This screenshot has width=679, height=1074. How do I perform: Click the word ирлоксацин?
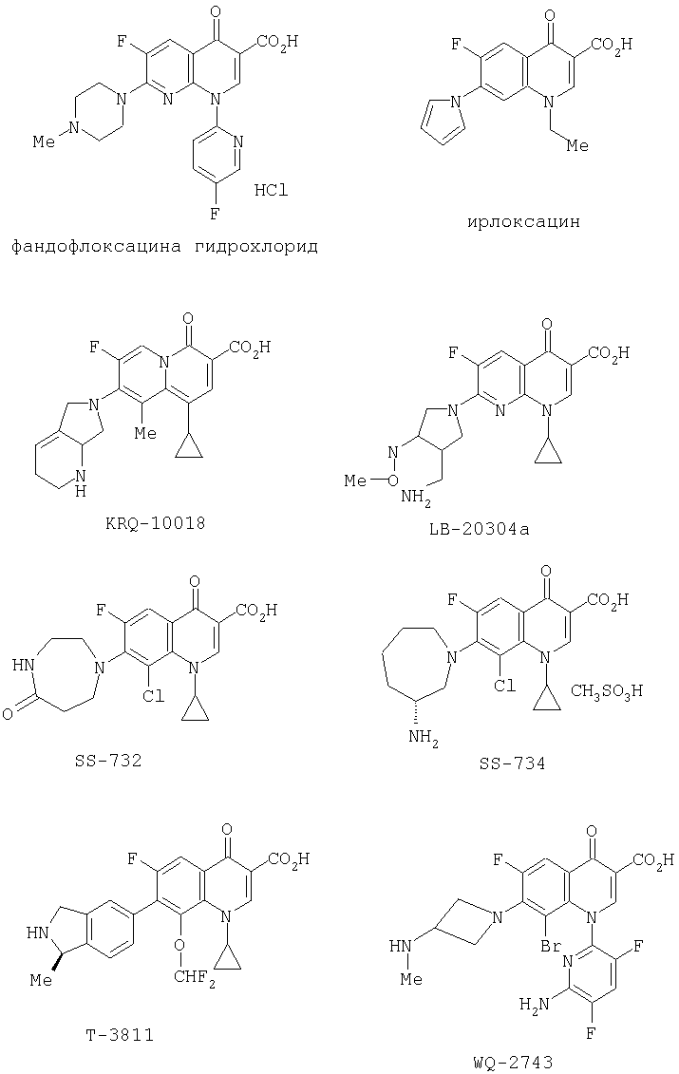[x=523, y=222]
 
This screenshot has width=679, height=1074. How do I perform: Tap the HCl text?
[x=272, y=190]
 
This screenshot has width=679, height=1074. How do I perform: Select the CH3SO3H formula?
[x=607, y=691]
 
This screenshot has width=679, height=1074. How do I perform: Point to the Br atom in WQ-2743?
[x=553, y=947]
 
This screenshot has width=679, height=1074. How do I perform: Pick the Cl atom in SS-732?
[x=153, y=696]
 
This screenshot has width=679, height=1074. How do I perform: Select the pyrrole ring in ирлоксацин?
[x=443, y=123]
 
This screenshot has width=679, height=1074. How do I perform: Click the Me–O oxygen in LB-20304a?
[x=392, y=480]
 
